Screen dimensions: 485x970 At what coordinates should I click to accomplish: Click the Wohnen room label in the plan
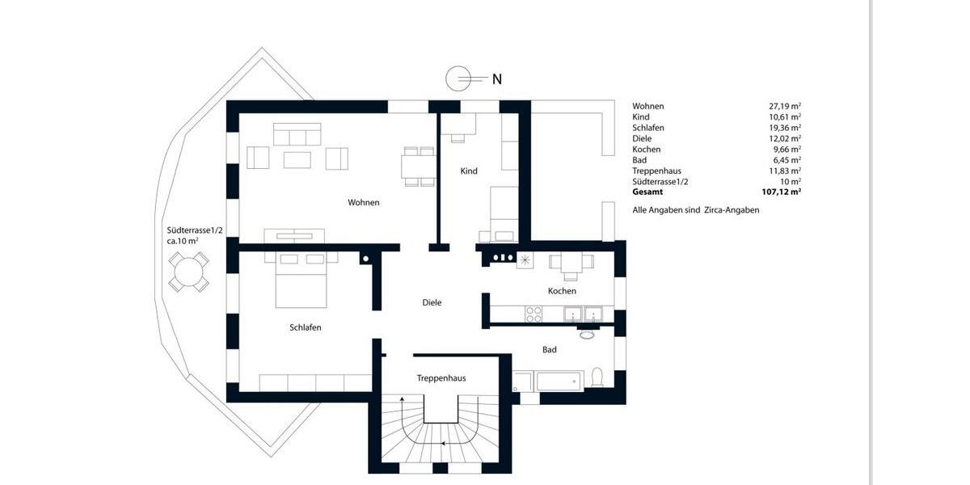click(364, 202)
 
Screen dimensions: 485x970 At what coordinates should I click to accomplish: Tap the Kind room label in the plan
click(469, 171)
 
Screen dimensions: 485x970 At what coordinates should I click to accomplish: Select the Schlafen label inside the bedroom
click(306, 327)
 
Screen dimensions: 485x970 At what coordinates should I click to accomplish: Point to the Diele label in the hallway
click(432, 302)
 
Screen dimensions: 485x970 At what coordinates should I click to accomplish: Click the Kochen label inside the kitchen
click(562, 291)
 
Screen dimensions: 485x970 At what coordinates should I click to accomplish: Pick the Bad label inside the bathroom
click(550, 350)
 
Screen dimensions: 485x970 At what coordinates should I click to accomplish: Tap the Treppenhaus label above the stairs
click(441, 378)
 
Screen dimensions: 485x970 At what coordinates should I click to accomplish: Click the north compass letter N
click(497, 79)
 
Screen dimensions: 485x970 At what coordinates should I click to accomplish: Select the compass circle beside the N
click(458, 78)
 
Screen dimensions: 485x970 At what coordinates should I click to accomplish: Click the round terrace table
click(188, 271)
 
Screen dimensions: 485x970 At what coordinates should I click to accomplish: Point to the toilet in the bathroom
click(598, 377)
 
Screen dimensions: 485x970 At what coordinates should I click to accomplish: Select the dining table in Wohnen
click(419, 167)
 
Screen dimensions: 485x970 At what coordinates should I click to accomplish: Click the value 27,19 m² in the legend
click(784, 106)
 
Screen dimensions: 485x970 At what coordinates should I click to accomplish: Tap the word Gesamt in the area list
click(647, 192)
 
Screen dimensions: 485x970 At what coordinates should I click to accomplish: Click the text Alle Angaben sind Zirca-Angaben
click(695, 210)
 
